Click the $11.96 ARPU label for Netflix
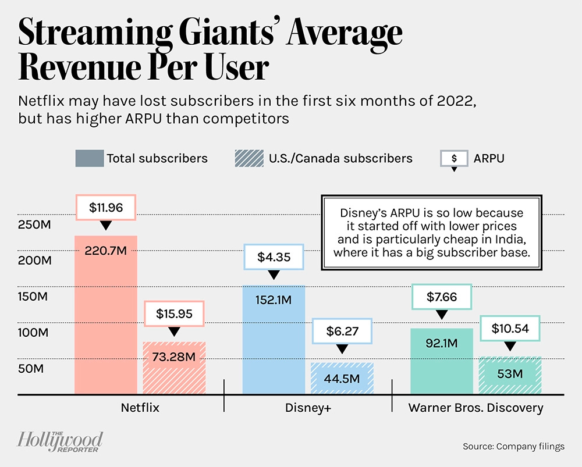tap(105, 206)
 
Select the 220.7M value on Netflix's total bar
tap(105, 252)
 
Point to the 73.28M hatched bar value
tap(174, 357)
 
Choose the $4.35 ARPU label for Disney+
tap(274, 257)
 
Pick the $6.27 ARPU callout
tap(342, 331)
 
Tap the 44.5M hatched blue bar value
tap(342, 379)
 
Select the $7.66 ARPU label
tap(441, 297)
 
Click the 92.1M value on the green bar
tap(441, 343)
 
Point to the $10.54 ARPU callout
tap(510, 328)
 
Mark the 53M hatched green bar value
tap(510, 373)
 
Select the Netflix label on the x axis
tap(140, 408)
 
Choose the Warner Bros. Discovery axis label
tap(475, 408)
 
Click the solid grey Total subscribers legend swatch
tap(88, 158)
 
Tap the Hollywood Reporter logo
tap(60, 441)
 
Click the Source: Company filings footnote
tap(513, 447)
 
